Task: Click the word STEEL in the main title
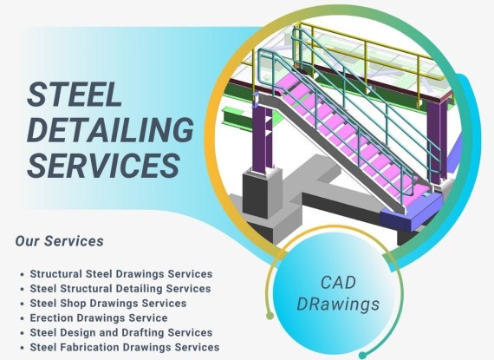pyautogui.click(x=75, y=94)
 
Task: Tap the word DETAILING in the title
pyautogui.click(x=110, y=129)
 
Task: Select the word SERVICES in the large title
pyautogui.click(x=104, y=165)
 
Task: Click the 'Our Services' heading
pyautogui.click(x=59, y=241)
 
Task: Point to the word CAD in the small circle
pyautogui.click(x=338, y=283)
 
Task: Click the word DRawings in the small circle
pyautogui.click(x=338, y=304)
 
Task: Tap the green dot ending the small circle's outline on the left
pyautogui.click(x=270, y=316)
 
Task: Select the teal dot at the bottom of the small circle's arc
pyautogui.click(x=362, y=356)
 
